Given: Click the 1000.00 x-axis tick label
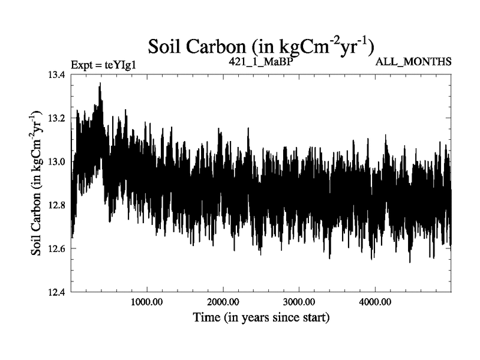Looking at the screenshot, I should coord(147,301).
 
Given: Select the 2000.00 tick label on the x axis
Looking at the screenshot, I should coord(223,301).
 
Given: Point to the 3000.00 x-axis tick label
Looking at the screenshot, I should coord(299,301).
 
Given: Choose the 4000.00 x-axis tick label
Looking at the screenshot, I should coord(376,301).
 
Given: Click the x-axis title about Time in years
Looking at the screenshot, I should coord(261,317).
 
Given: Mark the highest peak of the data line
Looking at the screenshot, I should coord(100,83).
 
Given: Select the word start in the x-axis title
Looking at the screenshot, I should coord(314,316).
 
